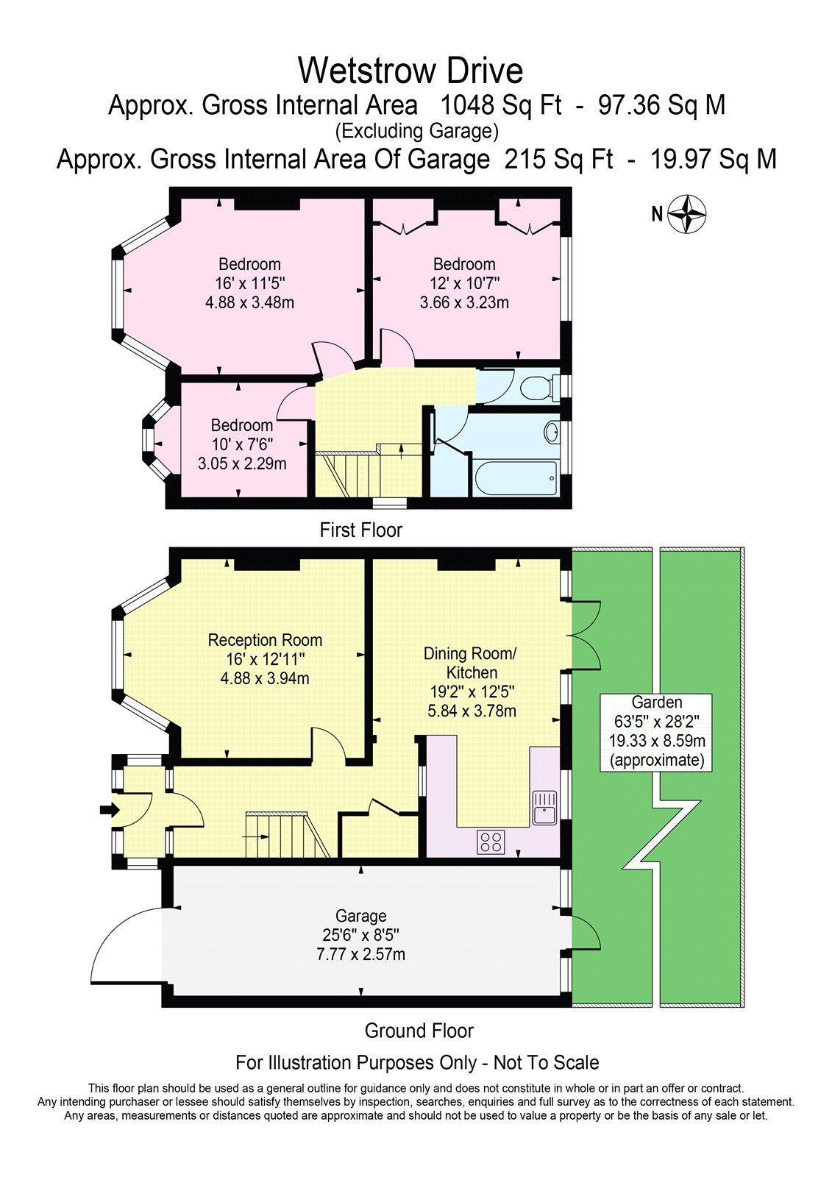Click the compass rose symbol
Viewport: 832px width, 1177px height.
[689, 214]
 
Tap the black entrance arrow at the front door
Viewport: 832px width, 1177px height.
[109, 810]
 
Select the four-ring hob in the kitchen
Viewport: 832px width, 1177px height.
[491, 841]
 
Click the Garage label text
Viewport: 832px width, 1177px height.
[360, 916]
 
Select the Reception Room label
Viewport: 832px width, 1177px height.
[265, 640]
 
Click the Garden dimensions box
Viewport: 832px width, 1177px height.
[656, 731]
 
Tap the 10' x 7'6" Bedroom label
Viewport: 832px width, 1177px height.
[242, 444]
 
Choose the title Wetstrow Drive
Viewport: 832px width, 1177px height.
[410, 71]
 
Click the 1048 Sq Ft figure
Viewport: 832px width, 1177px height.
[500, 105]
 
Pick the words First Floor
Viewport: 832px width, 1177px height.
[361, 530]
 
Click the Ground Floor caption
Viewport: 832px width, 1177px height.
[419, 1031]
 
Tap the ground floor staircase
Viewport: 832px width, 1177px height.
[287, 835]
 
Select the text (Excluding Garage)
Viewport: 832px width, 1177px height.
[416, 132]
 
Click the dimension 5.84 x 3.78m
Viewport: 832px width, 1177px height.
[472, 711]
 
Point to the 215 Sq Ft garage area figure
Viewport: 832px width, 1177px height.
[558, 159]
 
